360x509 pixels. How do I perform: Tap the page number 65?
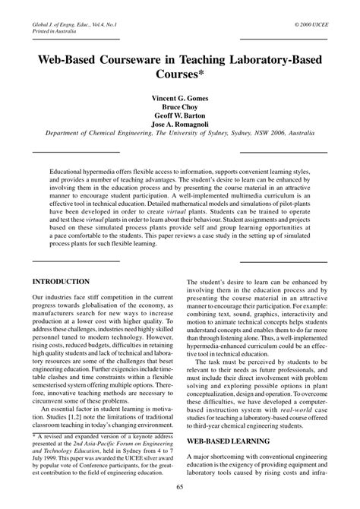click(x=179, y=488)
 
